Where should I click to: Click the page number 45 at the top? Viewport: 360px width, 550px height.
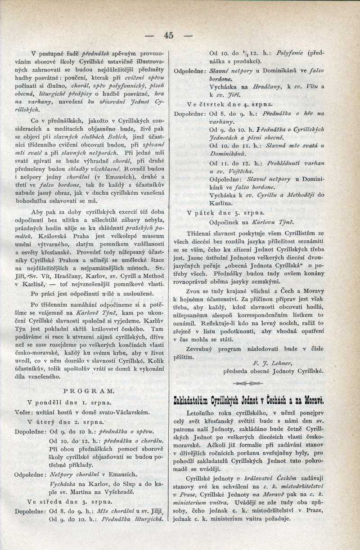point(169,36)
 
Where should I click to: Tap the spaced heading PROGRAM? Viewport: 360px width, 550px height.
point(89,390)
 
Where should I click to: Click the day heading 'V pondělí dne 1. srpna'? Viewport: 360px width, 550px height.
point(69,402)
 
